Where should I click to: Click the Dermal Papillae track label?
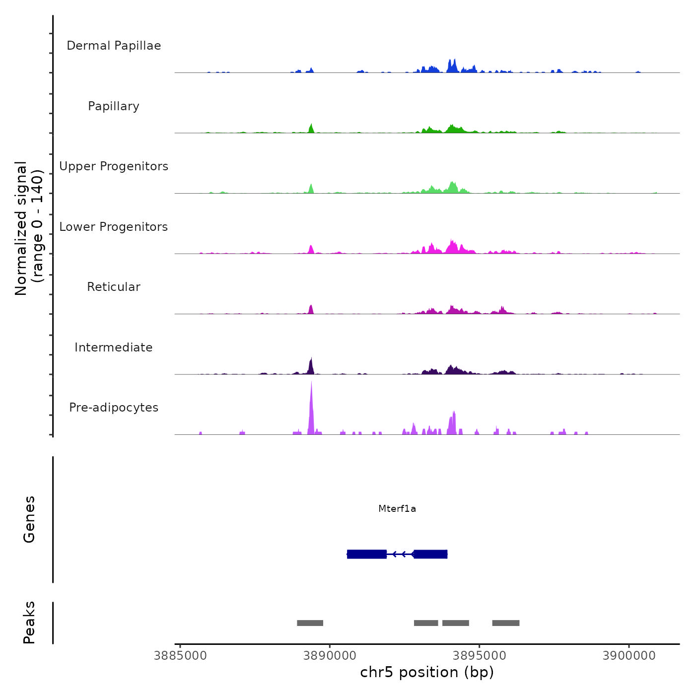(114, 46)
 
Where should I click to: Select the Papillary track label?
(114, 106)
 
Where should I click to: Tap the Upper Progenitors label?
(114, 166)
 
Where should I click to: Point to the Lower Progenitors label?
(114, 227)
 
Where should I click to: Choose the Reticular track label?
(114, 287)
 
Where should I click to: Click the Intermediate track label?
(114, 347)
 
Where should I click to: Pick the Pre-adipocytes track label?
(114, 408)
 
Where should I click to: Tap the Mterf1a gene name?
(397, 508)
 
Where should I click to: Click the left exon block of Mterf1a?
(367, 554)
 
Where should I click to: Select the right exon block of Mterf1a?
(430, 554)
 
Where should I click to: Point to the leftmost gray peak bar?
(310, 623)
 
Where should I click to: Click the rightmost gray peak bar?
(506, 623)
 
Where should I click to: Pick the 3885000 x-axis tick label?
(180, 656)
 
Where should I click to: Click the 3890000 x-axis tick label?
(330, 656)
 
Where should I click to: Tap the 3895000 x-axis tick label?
(480, 656)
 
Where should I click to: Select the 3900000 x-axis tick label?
(629, 656)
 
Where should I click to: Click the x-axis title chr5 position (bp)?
(427, 672)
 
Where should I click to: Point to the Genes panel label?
(29, 519)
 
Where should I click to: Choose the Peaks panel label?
(29, 623)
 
